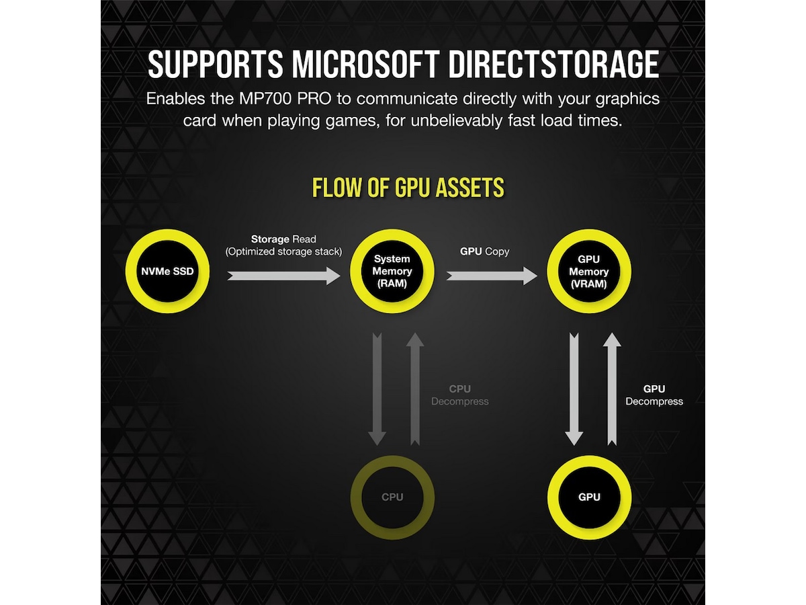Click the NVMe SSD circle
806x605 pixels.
tap(168, 272)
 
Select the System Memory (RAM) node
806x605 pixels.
tap(392, 272)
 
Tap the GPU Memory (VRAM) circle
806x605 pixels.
tap(589, 272)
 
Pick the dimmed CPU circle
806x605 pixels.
tap(392, 497)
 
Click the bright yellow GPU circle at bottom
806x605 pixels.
tap(589, 497)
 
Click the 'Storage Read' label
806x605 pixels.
tap(283, 239)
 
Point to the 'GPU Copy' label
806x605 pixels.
tap(484, 251)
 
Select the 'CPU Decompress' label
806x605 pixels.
tap(460, 395)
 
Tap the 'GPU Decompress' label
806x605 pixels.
tap(654, 395)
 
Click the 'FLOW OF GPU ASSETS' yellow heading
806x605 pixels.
tap(408, 188)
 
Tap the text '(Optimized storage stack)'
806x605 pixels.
tap(283, 251)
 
